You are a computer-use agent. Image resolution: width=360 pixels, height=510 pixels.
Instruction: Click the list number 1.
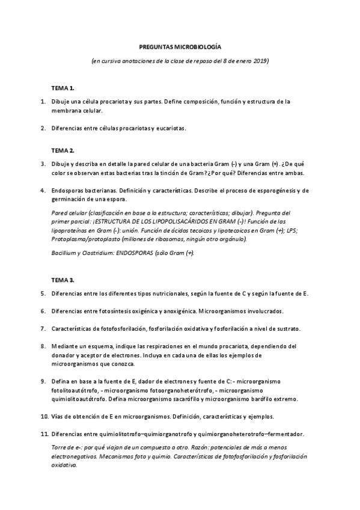click(x=43, y=102)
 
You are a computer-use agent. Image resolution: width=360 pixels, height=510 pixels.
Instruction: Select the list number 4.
click(x=43, y=191)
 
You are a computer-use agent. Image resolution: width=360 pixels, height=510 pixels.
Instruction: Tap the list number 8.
click(x=43, y=346)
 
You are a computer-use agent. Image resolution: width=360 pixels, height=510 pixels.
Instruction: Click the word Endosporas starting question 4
click(x=67, y=191)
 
